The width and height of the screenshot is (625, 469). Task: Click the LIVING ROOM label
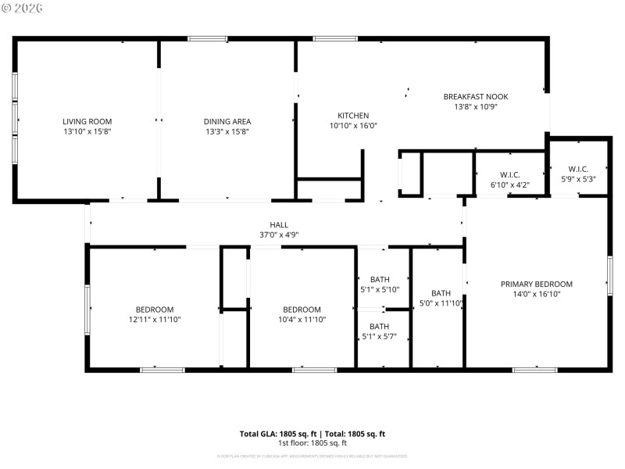pyautogui.click(x=87, y=121)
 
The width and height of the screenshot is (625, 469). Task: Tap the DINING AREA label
pyautogui.click(x=227, y=121)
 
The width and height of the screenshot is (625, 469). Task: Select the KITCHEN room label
pyautogui.click(x=352, y=116)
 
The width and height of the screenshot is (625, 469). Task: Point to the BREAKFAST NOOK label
pyautogui.click(x=475, y=97)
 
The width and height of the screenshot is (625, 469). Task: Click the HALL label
pyautogui.click(x=279, y=224)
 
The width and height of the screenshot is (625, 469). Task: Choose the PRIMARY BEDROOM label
pyautogui.click(x=536, y=285)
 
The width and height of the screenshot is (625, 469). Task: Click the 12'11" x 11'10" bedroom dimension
pyautogui.click(x=154, y=320)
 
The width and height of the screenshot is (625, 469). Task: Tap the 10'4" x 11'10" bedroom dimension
pyautogui.click(x=302, y=320)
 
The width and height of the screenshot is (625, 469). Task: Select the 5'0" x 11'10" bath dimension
pyautogui.click(x=441, y=303)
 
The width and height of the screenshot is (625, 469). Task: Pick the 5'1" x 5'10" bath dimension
pyautogui.click(x=380, y=289)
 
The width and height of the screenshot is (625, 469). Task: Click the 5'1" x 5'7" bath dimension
pyautogui.click(x=380, y=337)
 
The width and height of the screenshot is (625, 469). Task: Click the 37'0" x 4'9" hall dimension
pyautogui.click(x=279, y=234)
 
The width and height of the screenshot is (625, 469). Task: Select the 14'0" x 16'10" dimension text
pyautogui.click(x=536, y=295)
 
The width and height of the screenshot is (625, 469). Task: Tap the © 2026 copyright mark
pyautogui.click(x=23, y=8)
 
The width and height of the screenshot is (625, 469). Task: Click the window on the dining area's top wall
pyautogui.click(x=207, y=38)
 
